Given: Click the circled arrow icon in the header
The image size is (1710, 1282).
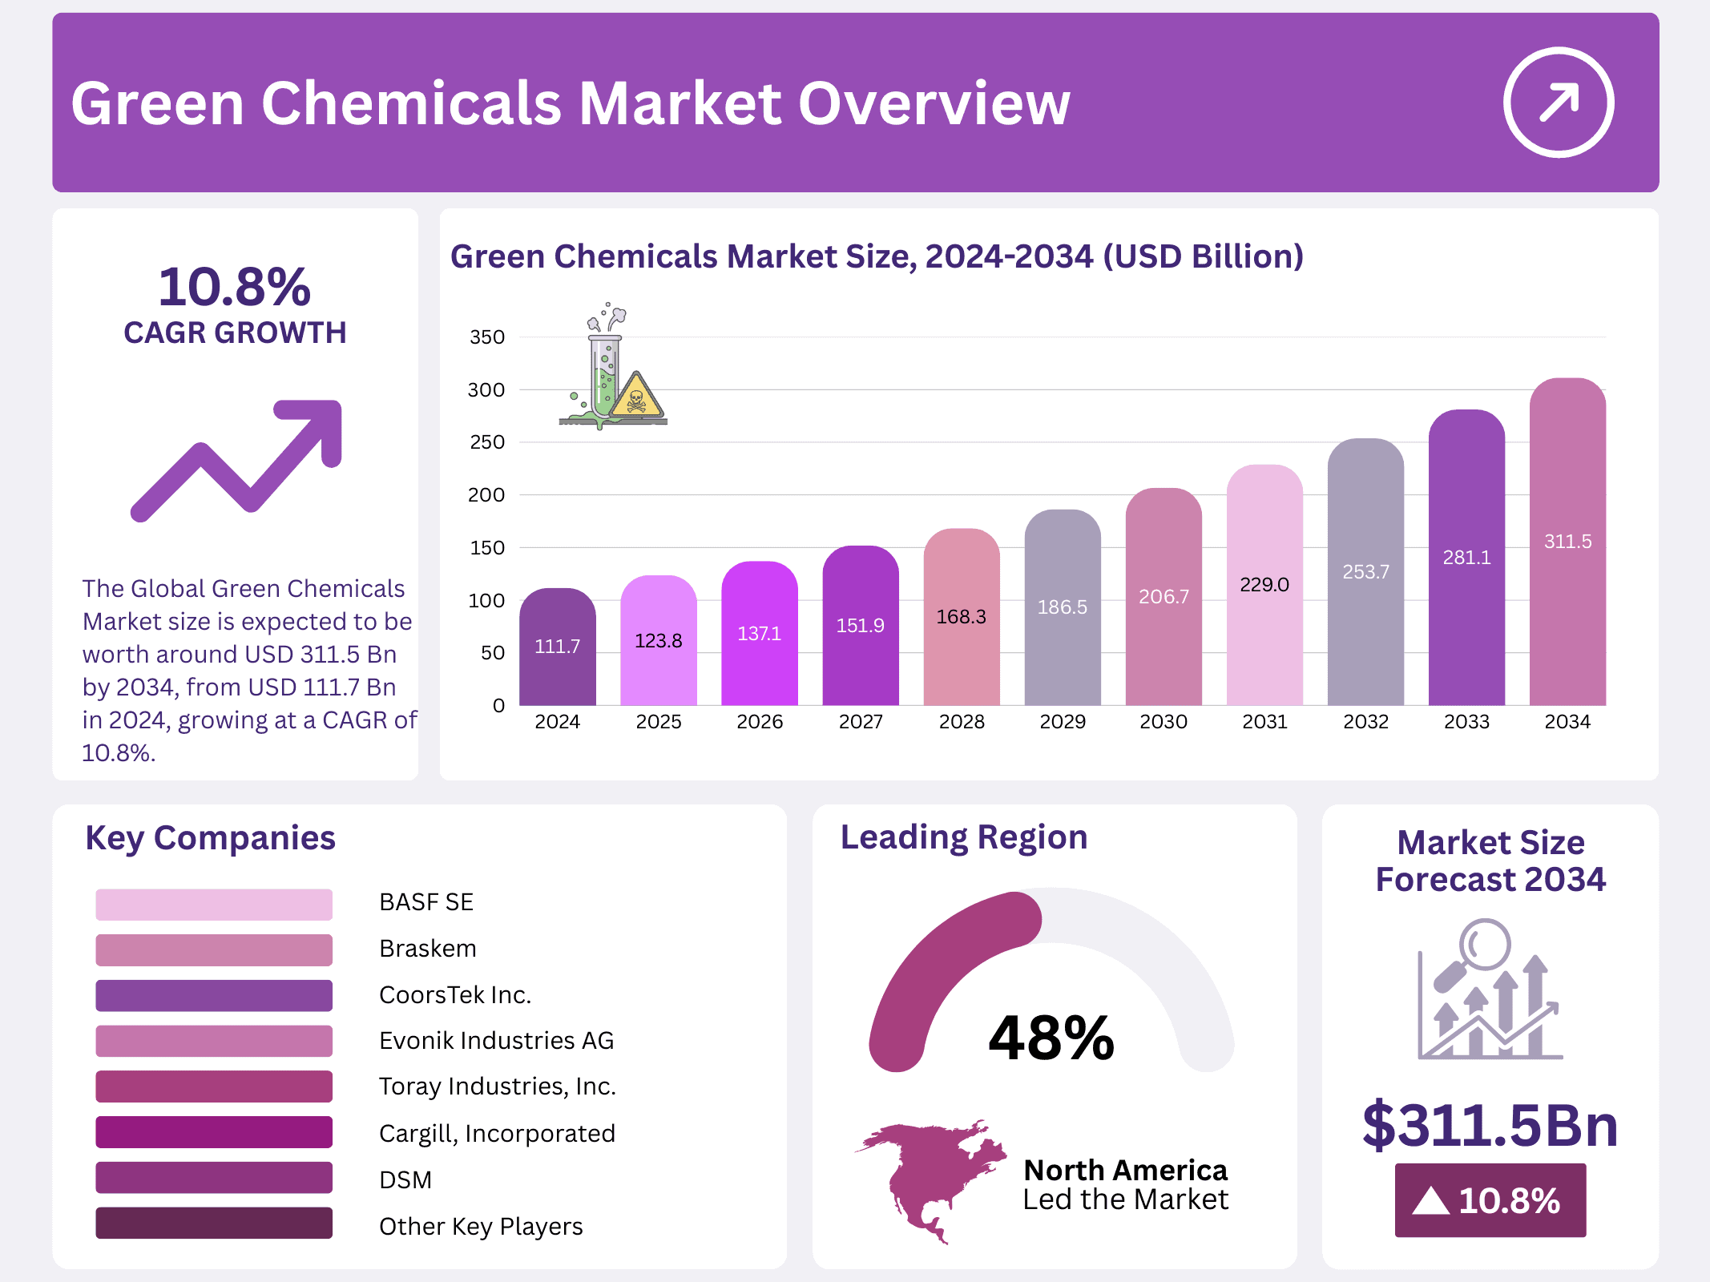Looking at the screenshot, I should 1558,103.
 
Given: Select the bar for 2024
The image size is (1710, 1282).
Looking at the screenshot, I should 557,649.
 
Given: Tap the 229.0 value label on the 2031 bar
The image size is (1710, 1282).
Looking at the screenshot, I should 1264,585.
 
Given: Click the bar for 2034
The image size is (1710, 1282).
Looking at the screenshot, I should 1567,545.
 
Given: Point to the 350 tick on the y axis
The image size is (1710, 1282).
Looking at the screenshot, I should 487,337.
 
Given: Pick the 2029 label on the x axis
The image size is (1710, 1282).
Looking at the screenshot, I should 1062,722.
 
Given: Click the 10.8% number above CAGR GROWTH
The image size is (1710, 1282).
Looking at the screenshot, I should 234,287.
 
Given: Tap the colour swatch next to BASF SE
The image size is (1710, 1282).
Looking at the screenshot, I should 214,904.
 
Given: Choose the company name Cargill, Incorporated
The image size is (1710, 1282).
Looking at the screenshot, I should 497,1133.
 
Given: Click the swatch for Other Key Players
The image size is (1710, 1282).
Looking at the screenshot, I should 214,1224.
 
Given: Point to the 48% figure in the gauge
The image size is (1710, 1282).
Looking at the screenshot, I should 1051,1038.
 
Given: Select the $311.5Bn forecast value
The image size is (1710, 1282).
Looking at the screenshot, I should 1490,1125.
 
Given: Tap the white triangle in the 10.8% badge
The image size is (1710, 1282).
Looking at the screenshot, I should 1430,1201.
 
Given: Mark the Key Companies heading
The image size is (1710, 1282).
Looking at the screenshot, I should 210,838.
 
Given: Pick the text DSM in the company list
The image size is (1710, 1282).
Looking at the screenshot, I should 405,1179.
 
